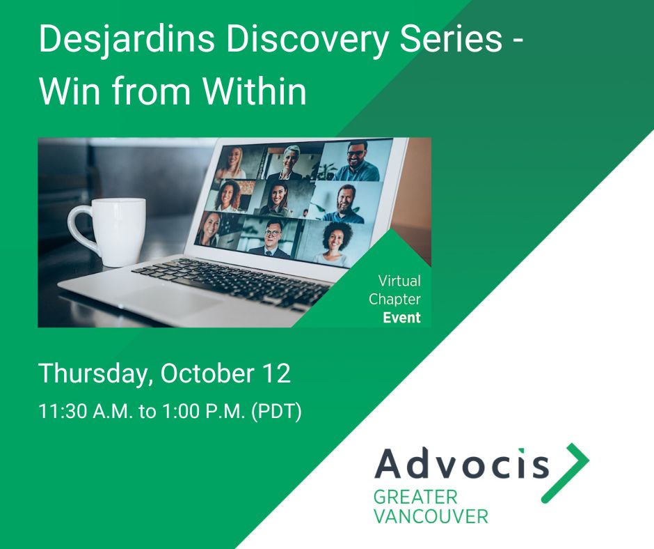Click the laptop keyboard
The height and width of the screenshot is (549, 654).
230,279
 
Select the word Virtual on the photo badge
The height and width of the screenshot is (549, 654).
399,281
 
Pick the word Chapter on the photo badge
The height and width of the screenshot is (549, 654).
394,300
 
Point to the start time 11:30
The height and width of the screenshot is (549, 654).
58,411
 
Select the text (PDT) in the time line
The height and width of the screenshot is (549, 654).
276,411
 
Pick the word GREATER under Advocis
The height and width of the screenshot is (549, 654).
415,497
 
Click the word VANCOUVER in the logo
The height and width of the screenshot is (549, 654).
431,516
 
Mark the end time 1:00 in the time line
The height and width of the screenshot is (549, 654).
178,411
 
